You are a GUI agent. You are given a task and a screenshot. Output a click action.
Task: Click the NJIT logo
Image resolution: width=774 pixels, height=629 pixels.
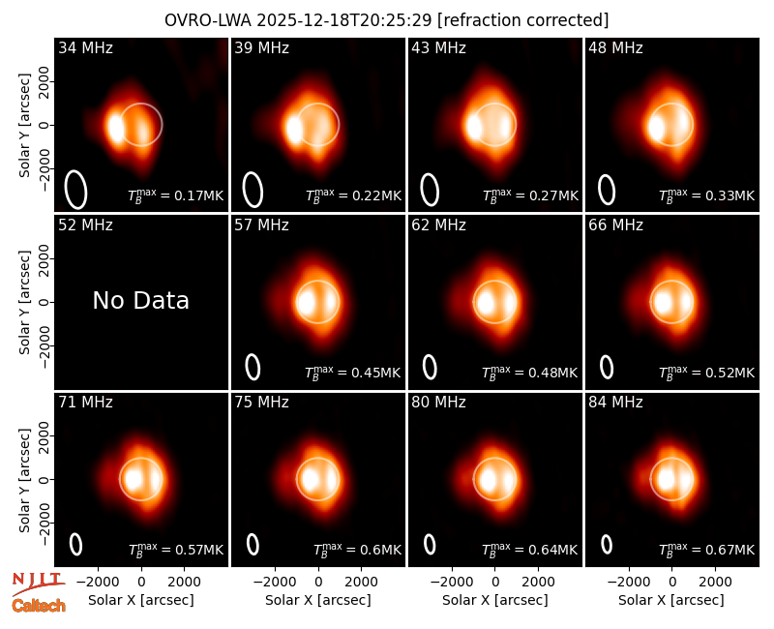[x=39, y=584]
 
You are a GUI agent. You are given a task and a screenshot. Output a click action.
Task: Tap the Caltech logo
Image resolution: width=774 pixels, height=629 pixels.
[x=39, y=606]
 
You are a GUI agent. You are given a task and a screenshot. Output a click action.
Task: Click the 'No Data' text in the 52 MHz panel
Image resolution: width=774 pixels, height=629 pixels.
[x=140, y=300]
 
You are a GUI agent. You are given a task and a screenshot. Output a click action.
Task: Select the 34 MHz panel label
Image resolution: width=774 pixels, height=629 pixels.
[x=85, y=47]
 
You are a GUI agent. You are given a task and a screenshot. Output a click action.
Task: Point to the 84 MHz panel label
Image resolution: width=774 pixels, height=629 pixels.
[x=615, y=403]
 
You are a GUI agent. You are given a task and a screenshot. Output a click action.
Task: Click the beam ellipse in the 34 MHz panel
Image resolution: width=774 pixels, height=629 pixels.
[x=76, y=190]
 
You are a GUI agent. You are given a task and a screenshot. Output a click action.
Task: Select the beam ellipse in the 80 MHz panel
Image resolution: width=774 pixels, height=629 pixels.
[x=430, y=544]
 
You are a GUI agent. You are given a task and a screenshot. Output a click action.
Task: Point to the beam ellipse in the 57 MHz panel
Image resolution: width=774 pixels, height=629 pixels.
[x=253, y=367]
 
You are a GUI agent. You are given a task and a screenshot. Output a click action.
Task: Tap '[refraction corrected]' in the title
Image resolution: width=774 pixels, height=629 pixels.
[x=523, y=20]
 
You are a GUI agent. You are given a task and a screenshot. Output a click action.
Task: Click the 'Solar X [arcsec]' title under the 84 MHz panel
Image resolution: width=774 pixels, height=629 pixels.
[x=671, y=600]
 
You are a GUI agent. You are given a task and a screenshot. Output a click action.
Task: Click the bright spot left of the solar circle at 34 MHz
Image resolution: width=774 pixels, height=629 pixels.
[x=116, y=127]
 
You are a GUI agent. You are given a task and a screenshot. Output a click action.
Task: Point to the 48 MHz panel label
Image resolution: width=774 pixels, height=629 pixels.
[x=615, y=47]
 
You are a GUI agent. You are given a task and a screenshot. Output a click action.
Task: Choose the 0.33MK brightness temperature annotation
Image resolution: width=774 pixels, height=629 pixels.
[x=707, y=195]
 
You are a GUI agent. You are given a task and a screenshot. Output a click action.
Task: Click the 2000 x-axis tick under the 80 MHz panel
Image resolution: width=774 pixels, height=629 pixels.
[x=538, y=582]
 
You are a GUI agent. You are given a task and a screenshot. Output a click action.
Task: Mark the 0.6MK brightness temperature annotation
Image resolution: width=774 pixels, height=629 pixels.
[x=357, y=549]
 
